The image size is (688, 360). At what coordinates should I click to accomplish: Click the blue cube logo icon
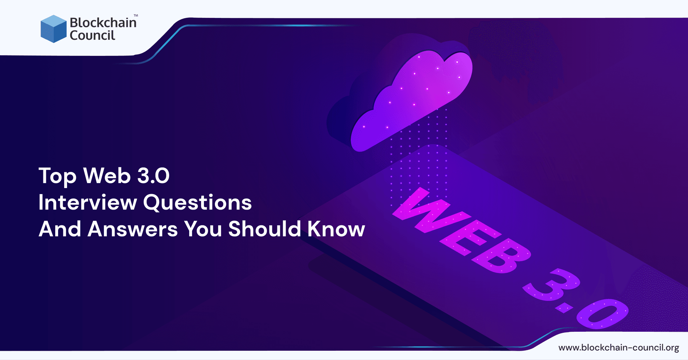coord(53,29)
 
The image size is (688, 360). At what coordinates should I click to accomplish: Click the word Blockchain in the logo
coord(103,23)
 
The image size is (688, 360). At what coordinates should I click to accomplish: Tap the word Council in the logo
coord(92,35)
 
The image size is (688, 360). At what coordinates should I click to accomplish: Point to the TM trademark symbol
coord(136,16)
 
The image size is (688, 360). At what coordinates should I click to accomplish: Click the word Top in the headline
coord(57,176)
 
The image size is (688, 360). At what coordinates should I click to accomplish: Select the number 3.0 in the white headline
coord(153,176)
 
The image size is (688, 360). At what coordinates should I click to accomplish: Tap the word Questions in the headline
coord(197,203)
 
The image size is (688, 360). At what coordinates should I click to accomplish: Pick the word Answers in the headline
coord(133,229)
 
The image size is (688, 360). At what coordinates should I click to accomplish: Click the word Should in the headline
coord(264,229)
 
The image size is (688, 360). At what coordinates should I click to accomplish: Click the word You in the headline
coord(203,229)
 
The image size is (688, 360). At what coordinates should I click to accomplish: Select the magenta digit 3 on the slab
coord(548,287)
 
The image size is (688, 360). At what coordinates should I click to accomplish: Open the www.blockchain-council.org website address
coord(618,347)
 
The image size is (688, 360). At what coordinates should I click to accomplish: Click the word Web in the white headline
coord(107,176)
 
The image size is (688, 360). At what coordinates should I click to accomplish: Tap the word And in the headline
coord(60,229)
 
